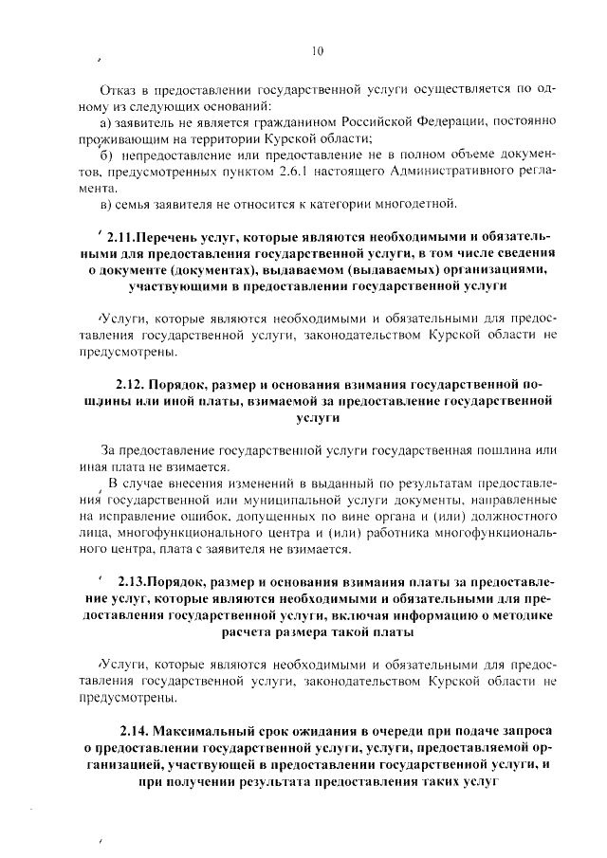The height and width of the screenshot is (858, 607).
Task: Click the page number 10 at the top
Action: pos(318,51)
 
